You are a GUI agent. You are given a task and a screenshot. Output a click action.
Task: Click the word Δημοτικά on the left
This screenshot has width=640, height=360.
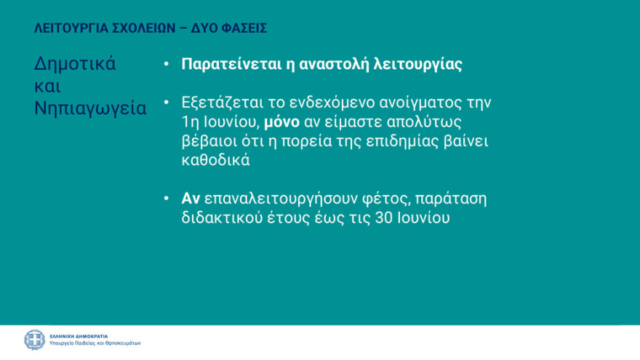coord(75,63)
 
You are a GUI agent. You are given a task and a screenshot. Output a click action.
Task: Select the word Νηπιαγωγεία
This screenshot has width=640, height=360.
coord(90,108)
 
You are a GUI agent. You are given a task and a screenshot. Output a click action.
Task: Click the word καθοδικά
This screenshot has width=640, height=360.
coord(215,161)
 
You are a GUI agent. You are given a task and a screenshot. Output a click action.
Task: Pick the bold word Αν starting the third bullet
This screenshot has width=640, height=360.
coord(191,199)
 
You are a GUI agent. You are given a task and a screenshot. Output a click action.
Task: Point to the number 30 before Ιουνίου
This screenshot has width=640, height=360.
coord(386,218)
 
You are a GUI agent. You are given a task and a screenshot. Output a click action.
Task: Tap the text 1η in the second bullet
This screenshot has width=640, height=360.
coord(191,121)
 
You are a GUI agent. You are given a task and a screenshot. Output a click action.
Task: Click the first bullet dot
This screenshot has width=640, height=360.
coord(167,64)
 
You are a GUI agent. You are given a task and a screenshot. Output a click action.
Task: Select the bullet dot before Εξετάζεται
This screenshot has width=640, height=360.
coord(167,103)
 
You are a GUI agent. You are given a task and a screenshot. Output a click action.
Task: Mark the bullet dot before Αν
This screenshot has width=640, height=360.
coord(167,199)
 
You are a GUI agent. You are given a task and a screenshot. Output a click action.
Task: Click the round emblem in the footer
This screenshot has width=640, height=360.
coord(34,340)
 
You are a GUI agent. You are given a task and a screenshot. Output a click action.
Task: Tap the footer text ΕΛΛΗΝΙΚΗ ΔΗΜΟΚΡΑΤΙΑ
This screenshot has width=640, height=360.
coord(79,336)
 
